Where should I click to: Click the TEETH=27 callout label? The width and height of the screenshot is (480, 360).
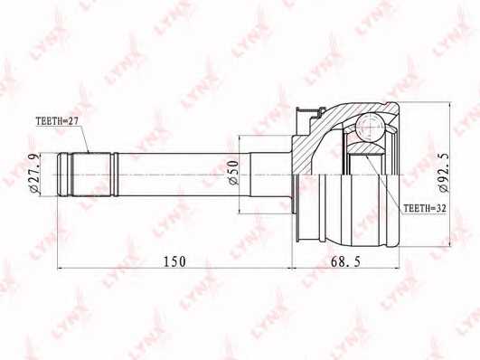pos(57,121)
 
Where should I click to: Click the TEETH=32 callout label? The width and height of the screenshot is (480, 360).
pos(425,209)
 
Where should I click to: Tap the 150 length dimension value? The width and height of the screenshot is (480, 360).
pos(174,261)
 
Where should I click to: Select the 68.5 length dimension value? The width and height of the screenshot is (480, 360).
pos(346,261)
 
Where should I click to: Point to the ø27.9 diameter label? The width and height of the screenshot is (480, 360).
pos(35,174)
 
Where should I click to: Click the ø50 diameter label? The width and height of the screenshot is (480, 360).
pos(233,173)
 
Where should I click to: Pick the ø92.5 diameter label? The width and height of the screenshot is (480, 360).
pos(444,173)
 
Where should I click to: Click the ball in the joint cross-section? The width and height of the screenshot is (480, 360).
pos(370,127)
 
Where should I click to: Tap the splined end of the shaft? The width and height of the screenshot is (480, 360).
pos(88,175)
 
